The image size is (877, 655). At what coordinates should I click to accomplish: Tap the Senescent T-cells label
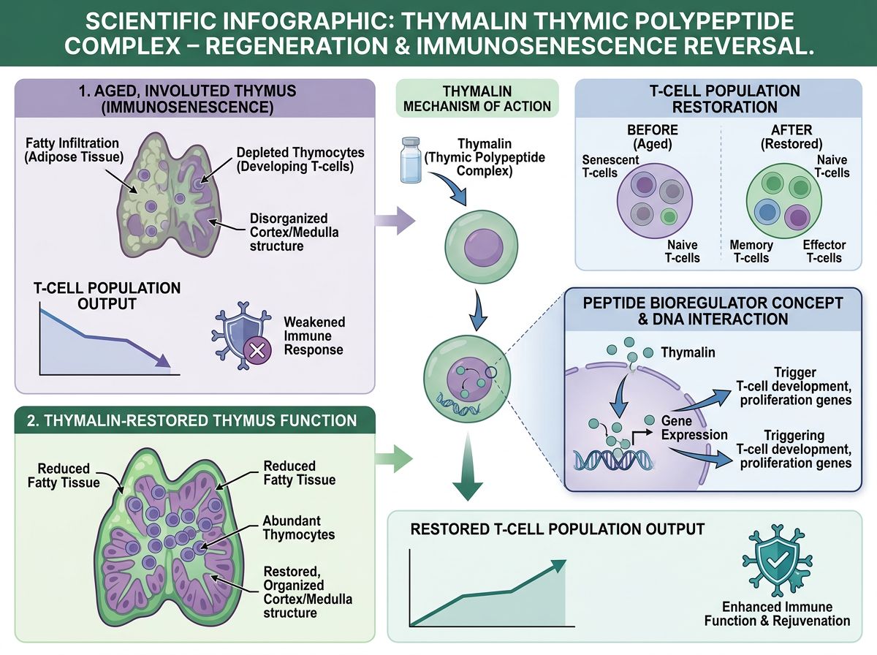tap(610, 166)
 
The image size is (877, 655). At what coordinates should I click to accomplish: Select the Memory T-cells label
tap(751, 251)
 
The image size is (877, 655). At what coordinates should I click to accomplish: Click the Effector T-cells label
tap(824, 251)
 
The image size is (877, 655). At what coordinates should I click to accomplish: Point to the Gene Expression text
tap(694, 428)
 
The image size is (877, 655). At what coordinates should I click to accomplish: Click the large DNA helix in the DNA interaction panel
tap(615, 458)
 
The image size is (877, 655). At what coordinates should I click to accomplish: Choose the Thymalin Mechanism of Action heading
tap(477, 98)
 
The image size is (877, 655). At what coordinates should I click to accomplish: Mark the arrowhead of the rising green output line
tap(558, 565)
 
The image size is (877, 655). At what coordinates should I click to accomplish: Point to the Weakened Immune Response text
tap(314, 336)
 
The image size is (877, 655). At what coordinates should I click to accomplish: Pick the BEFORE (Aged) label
tap(652, 137)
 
